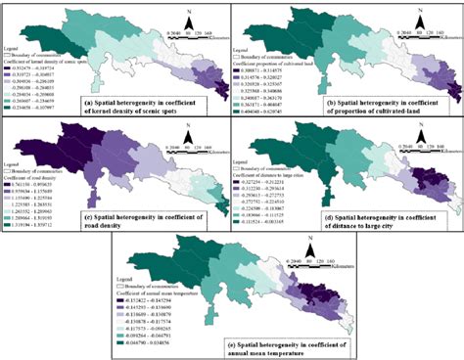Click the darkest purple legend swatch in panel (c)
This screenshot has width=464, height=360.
click(x=10, y=182)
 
